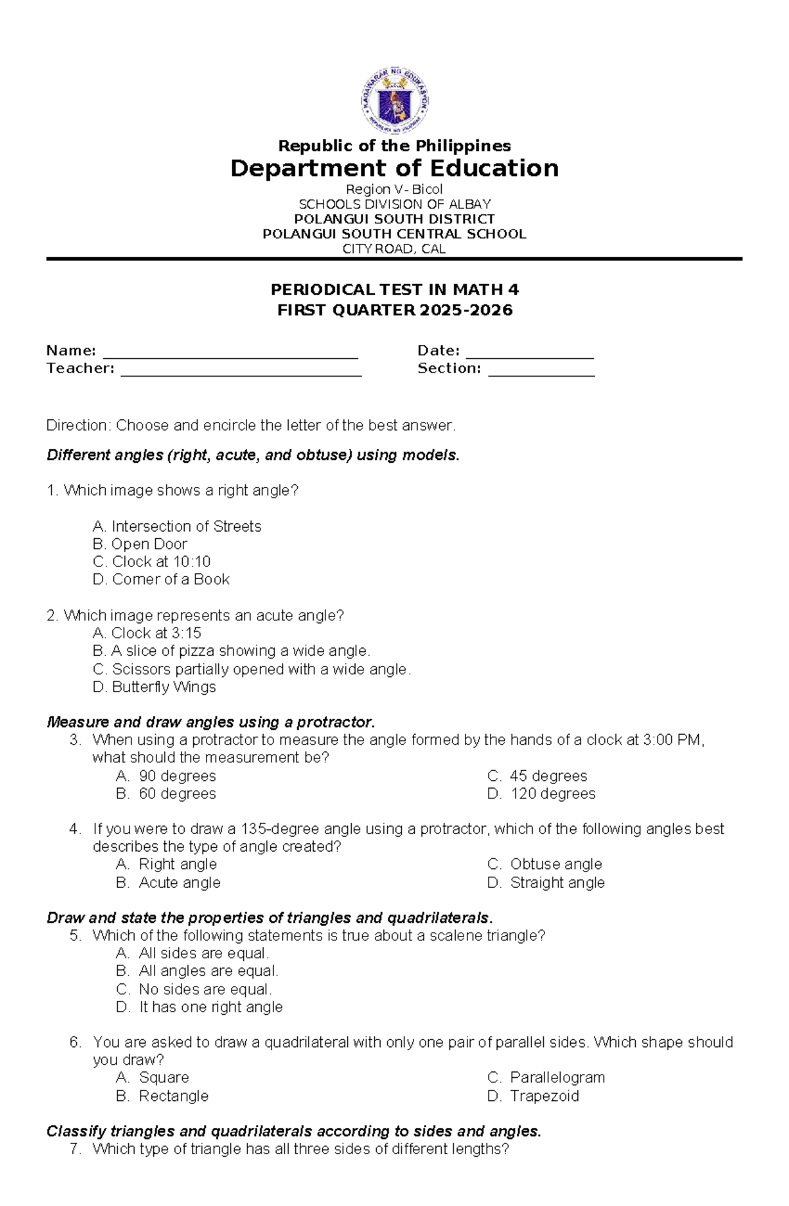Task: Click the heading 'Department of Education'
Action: (394, 168)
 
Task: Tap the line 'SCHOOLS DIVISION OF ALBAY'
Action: (394, 204)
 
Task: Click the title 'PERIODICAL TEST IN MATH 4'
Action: (394, 290)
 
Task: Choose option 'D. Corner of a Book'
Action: (161, 580)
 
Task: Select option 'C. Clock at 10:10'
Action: (152, 562)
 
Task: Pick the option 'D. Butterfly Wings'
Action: (155, 687)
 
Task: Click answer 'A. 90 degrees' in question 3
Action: (166, 776)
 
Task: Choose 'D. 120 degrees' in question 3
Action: (541, 794)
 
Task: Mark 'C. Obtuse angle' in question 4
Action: (544, 864)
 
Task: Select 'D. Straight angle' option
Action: (546, 883)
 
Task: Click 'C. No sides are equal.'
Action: (194, 990)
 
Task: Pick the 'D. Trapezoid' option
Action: (533, 1096)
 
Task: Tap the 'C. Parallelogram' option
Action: (546, 1078)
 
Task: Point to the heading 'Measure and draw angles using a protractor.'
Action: (210, 722)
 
